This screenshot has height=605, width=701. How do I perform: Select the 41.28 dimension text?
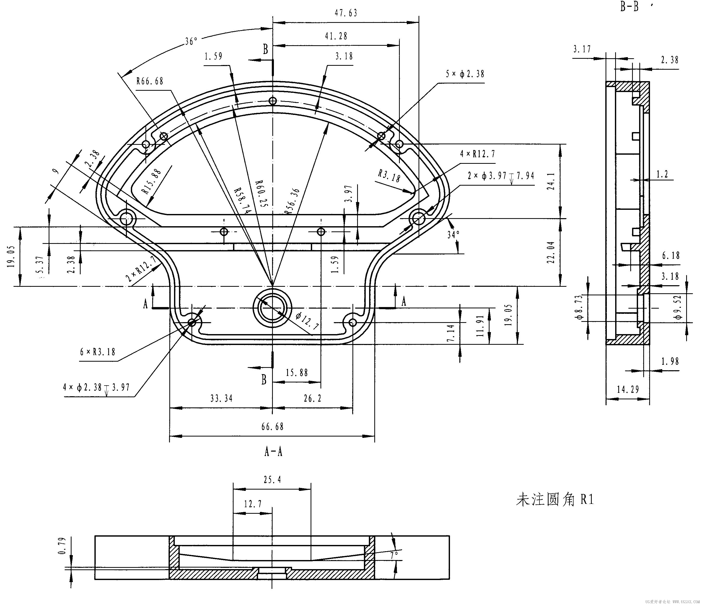(x=336, y=36)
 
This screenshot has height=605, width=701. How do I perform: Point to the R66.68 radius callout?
(x=150, y=81)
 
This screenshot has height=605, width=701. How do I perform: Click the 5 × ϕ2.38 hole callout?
(x=465, y=74)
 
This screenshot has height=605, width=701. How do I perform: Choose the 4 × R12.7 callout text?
(x=477, y=154)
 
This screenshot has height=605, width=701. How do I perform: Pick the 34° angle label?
(x=453, y=235)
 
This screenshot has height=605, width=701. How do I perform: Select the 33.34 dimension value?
(x=222, y=398)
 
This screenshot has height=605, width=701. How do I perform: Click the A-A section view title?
(x=273, y=452)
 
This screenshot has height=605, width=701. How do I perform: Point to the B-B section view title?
(x=629, y=6)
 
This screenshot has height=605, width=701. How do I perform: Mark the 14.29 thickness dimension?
(x=628, y=389)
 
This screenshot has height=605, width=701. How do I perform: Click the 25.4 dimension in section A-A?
(x=272, y=479)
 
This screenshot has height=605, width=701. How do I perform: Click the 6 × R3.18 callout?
(x=98, y=352)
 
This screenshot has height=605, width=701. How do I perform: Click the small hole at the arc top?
(x=273, y=101)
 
